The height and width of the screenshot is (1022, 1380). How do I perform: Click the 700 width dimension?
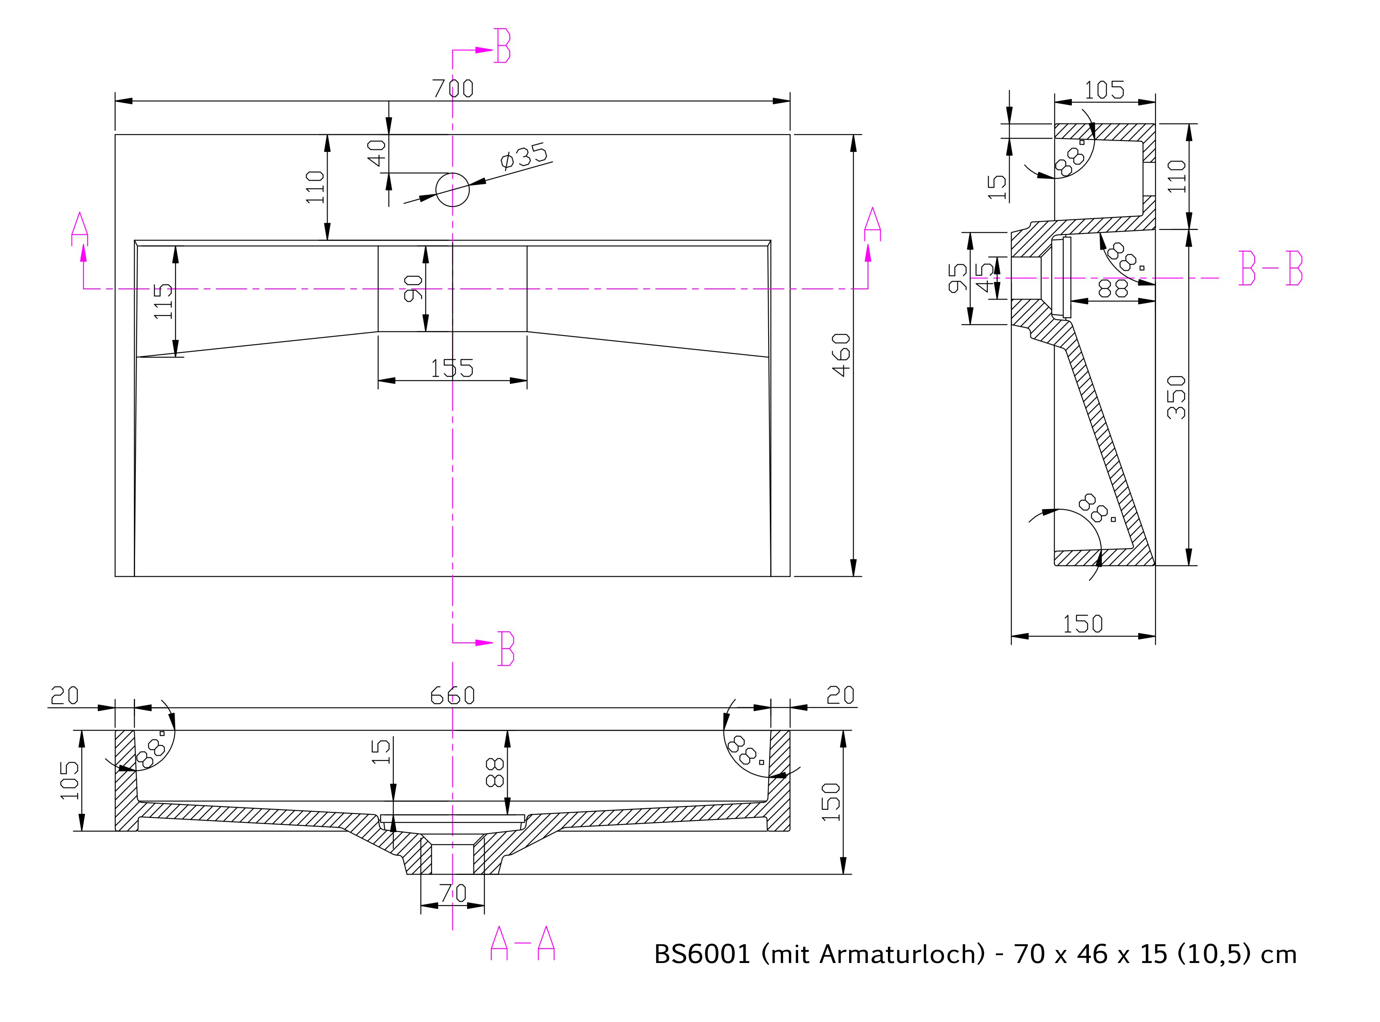click(x=453, y=89)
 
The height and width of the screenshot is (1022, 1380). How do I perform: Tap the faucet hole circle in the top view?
click(x=452, y=174)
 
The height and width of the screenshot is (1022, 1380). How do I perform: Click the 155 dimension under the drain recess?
click(x=452, y=369)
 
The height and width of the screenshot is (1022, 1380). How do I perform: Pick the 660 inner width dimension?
click(x=452, y=695)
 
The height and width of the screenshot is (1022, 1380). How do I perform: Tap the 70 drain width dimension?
click(x=452, y=893)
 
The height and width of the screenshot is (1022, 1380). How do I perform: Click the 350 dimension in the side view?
click(x=1176, y=397)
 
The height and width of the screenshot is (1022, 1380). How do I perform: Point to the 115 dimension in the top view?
click(x=163, y=301)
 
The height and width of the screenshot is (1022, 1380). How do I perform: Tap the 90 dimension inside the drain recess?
click(x=413, y=288)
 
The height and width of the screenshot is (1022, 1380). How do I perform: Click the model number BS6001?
click(x=702, y=955)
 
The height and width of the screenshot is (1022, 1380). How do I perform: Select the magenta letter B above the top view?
click(x=503, y=45)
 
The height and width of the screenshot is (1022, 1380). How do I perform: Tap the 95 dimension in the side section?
click(x=957, y=278)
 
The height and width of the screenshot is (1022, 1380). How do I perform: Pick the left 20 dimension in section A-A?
click(x=64, y=696)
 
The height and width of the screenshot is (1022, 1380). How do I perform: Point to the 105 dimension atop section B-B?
click(x=1105, y=91)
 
